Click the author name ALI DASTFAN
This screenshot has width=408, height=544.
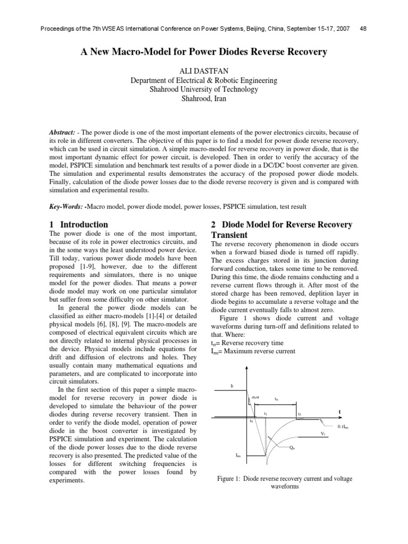204,71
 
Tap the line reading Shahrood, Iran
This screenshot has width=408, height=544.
204,99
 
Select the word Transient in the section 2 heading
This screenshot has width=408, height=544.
229,235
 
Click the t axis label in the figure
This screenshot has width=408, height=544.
340,412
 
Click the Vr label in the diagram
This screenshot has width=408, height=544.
322,434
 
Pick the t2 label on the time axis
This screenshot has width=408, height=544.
299,414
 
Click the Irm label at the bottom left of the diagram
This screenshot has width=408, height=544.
239,455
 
